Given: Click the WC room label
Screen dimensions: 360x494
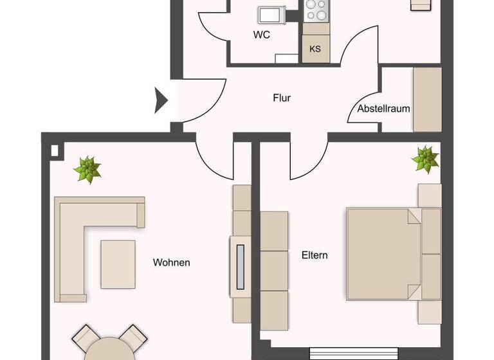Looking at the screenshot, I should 262,35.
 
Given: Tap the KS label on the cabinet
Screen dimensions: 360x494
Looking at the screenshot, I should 315,49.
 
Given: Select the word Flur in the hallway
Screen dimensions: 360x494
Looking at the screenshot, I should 282,98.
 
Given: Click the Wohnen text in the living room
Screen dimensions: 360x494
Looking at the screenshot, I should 172,262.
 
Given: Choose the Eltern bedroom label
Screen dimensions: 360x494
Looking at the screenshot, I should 315,255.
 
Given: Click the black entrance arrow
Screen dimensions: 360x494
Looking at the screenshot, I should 161,101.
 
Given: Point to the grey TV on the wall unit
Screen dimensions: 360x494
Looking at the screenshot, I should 241,265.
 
